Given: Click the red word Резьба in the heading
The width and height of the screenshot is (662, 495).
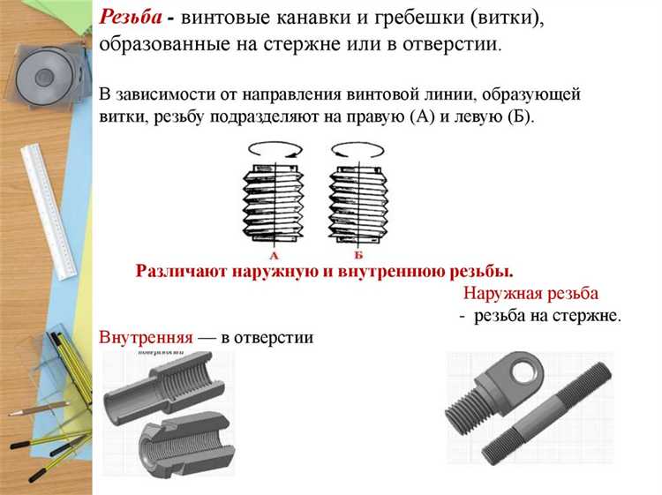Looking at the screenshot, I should pos(130,19).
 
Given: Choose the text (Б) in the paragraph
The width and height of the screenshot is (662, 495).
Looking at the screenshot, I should pos(520,117).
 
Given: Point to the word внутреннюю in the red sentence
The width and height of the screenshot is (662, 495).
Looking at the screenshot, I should pos(389,271).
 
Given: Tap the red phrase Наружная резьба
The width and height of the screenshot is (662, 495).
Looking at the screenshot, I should pos(530,293).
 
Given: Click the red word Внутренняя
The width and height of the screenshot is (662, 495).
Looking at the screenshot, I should pos(146,337).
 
